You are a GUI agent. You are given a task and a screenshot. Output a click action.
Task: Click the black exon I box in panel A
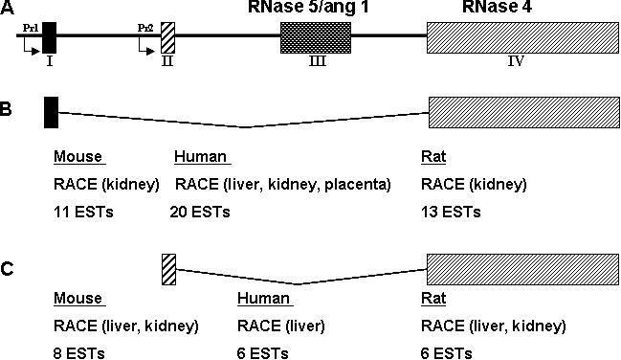[x=50, y=36]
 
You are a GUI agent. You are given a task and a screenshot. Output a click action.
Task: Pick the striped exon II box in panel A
[x=167, y=36]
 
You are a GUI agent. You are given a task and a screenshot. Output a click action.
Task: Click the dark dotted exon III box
[x=316, y=36]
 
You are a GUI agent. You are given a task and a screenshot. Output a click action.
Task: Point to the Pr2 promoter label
[x=145, y=28]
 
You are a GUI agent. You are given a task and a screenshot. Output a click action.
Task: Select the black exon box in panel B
[x=51, y=111]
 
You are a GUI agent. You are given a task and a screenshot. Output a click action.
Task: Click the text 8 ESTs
[x=79, y=352]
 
